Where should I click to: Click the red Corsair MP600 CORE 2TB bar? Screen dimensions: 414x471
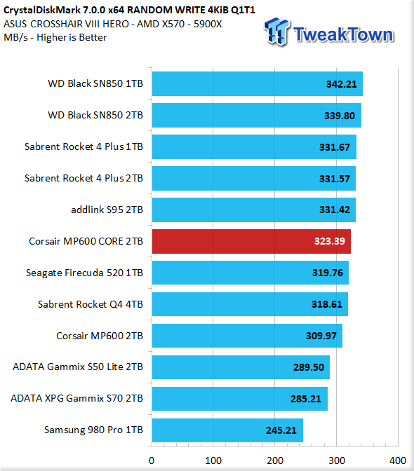click(x=251, y=241)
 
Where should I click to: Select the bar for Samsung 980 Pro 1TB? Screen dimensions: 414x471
click(x=227, y=430)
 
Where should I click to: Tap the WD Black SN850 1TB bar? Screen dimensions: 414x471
click(x=258, y=84)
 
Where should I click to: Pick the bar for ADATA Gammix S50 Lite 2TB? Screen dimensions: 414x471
click(x=241, y=367)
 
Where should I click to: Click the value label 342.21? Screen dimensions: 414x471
click(x=342, y=84)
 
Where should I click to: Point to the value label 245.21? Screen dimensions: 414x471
click(x=281, y=430)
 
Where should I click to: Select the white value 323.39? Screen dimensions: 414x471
click(x=330, y=241)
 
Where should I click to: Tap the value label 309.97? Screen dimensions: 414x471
click(x=321, y=336)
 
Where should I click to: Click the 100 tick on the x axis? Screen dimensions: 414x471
click(x=213, y=460)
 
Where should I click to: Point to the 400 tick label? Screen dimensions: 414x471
click(x=398, y=460)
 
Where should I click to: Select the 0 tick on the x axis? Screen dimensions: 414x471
click(x=152, y=460)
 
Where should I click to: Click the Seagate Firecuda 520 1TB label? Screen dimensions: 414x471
click(x=84, y=273)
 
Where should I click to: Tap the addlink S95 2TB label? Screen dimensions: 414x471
click(x=107, y=210)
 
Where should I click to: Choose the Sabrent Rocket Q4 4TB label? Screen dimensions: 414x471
click(x=91, y=304)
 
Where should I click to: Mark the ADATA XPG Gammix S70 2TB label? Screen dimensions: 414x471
click(x=76, y=398)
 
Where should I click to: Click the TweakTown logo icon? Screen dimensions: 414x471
click(x=276, y=32)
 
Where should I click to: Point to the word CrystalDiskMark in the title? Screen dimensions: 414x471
click(x=42, y=10)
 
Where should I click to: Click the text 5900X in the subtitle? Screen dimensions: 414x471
click(x=208, y=24)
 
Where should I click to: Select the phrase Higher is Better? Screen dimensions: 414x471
click(x=72, y=38)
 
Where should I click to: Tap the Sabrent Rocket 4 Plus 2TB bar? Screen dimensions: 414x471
click(x=254, y=179)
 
